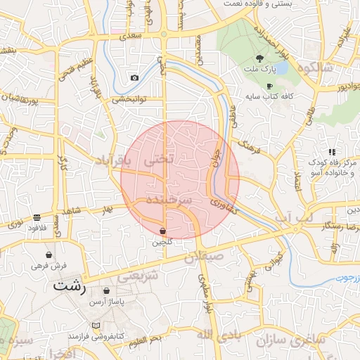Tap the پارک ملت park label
(261, 70)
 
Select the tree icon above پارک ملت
(260, 59)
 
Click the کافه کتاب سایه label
(272, 95)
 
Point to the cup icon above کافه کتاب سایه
(269, 85)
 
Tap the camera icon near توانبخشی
(134, 77)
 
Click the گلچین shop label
(162, 242)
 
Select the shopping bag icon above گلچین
(162, 231)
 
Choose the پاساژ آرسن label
(106, 301)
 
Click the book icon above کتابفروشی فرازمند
(96, 326)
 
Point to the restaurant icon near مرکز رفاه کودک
(331, 151)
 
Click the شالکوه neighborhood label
(314, 67)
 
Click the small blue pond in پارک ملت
(281, 70)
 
